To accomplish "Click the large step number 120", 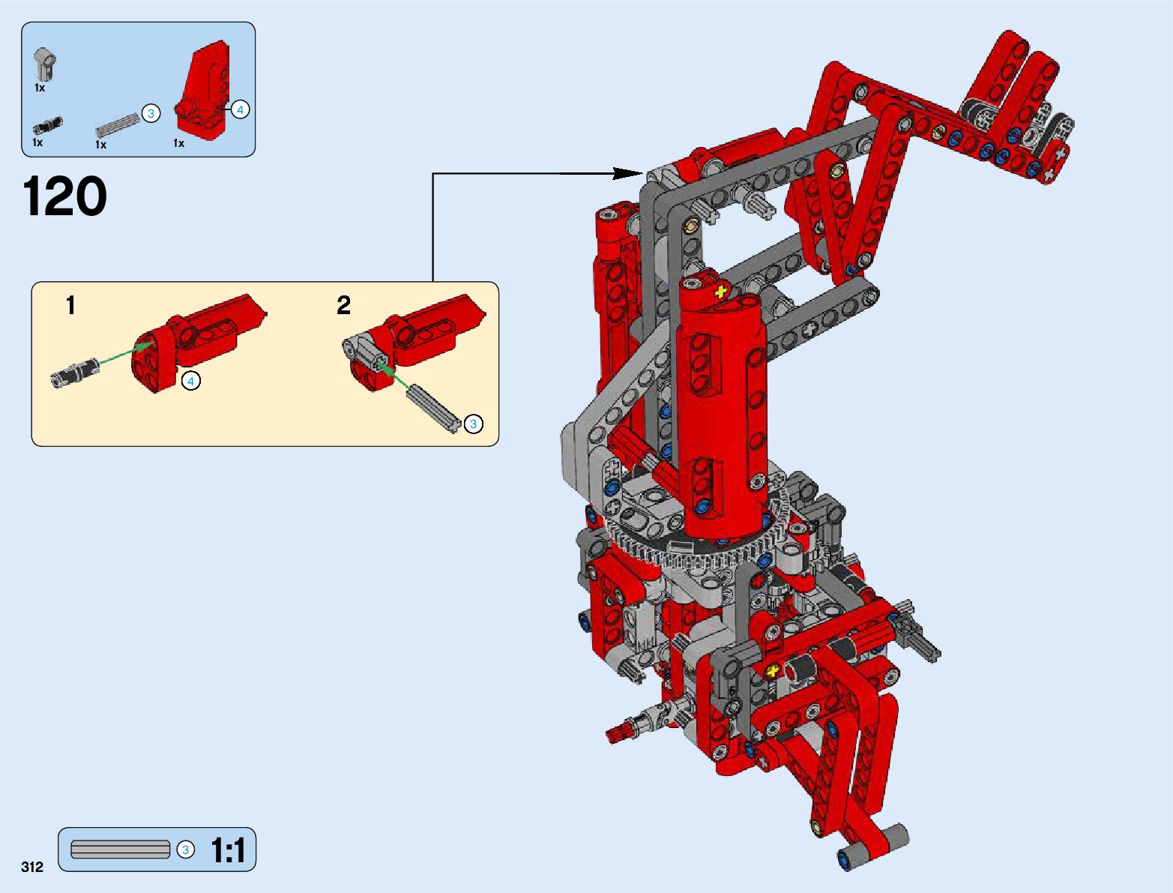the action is pos(64,196).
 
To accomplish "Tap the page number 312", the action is pos(32,867).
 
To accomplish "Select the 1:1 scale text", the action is pos(228,850).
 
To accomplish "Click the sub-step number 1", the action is pos(70,306).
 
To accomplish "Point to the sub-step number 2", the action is pos(343,306).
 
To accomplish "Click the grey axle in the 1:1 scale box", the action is pos(120,850).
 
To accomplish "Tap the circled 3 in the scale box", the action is pos(185,850).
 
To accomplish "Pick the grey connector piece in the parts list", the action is pos(46,63).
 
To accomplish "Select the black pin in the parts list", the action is pos(47,125).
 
